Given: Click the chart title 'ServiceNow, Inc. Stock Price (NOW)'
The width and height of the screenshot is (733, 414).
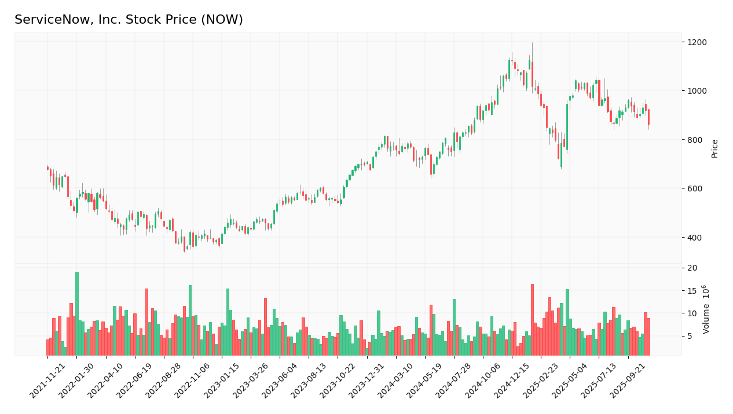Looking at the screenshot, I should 129,20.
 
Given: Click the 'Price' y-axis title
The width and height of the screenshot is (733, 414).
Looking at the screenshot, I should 714,148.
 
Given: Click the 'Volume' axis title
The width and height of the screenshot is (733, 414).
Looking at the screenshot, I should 706,309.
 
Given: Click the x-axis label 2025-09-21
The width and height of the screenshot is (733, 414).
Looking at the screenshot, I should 629,382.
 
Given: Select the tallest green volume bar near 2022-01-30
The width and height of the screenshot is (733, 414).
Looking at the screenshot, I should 76,313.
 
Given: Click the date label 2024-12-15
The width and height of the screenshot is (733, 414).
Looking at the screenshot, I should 513,382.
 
